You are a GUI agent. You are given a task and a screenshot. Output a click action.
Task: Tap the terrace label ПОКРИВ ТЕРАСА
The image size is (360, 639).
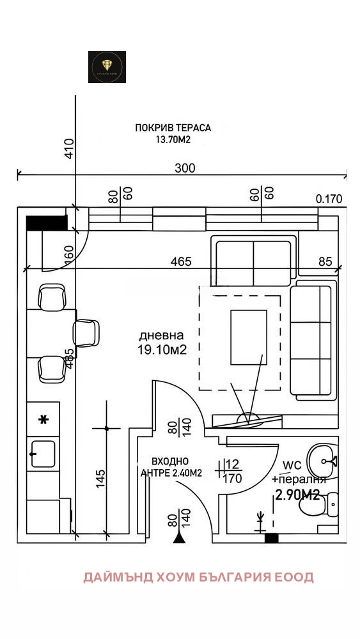point(173,128)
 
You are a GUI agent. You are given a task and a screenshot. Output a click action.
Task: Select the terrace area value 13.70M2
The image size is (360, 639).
point(173,139)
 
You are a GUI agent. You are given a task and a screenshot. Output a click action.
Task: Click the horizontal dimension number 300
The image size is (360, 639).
point(185,168)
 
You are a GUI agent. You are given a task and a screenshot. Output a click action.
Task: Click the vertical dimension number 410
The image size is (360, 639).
point(69,148)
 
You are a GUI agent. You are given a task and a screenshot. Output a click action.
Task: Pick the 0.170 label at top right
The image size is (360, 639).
point(329,199)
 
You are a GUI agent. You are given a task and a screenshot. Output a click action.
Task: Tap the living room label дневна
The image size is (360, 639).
point(162,335)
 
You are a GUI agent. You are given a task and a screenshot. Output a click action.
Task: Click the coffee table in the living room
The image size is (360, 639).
point(248,337)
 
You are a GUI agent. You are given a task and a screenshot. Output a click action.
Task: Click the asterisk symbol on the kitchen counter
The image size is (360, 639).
point(43,420)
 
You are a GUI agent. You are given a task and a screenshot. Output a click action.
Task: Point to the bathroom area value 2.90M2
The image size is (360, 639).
point(297,494)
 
